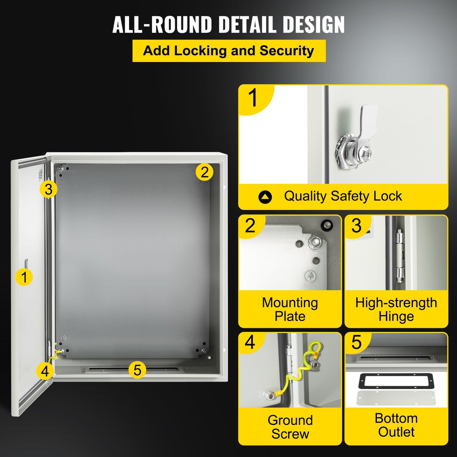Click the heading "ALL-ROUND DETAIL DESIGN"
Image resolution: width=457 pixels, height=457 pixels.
click(x=228, y=25)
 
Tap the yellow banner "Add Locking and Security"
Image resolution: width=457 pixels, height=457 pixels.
click(x=229, y=51)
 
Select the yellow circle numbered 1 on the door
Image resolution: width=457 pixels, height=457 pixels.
click(x=24, y=277)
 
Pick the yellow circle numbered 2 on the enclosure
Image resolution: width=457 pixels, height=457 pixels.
click(x=204, y=172)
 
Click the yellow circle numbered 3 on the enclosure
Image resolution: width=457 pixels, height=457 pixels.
click(x=48, y=189)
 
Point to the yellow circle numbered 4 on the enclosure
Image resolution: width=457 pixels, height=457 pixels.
click(x=45, y=371)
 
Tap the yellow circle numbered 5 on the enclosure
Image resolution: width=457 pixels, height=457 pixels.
click(x=137, y=370)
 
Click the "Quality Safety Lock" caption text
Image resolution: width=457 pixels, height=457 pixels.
click(x=343, y=196)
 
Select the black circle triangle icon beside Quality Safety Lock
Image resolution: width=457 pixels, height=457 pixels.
click(x=265, y=197)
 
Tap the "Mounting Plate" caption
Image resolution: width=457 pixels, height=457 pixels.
click(x=290, y=309)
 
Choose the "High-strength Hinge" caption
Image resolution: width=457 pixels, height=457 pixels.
click(x=396, y=309)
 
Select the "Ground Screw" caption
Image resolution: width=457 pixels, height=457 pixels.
click(x=290, y=427)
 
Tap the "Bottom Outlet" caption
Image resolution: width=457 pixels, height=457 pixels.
click(x=396, y=425)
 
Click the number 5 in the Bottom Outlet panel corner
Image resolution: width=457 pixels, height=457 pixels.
click(x=356, y=342)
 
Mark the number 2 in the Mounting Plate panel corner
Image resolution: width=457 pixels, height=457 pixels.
click(x=250, y=226)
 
